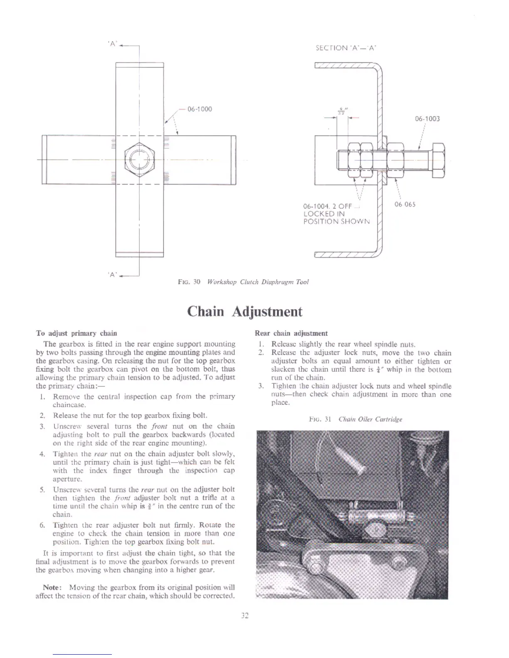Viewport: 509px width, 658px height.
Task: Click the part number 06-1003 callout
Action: point(427,119)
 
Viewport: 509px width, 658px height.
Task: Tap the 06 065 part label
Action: point(405,204)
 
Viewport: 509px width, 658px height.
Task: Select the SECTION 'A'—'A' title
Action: point(346,48)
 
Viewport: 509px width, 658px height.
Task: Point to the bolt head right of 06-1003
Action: point(439,160)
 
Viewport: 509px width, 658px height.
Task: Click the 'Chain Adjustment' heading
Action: point(245,312)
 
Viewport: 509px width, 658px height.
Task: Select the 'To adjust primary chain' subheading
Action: point(77,333)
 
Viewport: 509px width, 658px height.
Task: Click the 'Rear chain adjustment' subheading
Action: point(291,333)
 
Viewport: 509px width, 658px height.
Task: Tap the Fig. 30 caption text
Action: point(243,282)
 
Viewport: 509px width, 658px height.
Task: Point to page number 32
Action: point(245,616)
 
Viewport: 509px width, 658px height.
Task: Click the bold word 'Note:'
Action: point(53,587)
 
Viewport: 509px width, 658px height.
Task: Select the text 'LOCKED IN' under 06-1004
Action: point(324,214)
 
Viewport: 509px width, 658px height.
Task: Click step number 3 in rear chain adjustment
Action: point(260,386)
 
